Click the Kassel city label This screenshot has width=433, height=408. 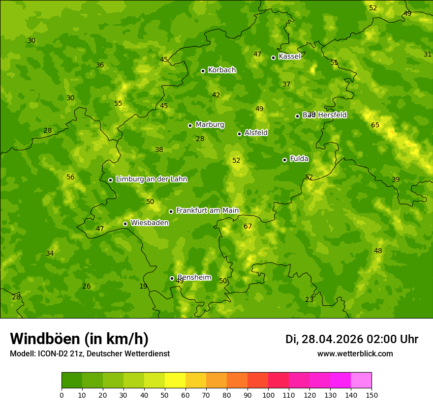click(289, 57)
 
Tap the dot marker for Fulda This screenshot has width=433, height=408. click(284, 160)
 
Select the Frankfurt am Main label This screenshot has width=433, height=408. click(207, 210)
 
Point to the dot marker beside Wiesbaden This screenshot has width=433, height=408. click(125, 224)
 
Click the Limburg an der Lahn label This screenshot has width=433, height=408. click(151, 179)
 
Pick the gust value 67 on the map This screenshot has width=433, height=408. click(247, 227)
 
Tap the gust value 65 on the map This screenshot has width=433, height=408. click(375, 125)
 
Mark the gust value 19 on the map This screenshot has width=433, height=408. click(143, 287)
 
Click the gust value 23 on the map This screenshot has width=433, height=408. click(309, 300)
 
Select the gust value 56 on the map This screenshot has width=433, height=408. click(70, 177)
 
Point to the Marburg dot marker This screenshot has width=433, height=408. click(190, 125)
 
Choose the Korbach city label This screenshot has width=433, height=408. click(222, 70)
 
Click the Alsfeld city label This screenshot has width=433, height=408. click(256, 133)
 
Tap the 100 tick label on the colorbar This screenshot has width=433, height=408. click(268, 395)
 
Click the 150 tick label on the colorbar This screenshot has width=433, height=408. click(371, 395)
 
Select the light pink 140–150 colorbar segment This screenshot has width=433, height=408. click(361, 380)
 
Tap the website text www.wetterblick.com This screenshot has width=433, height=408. click(355, 353)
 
